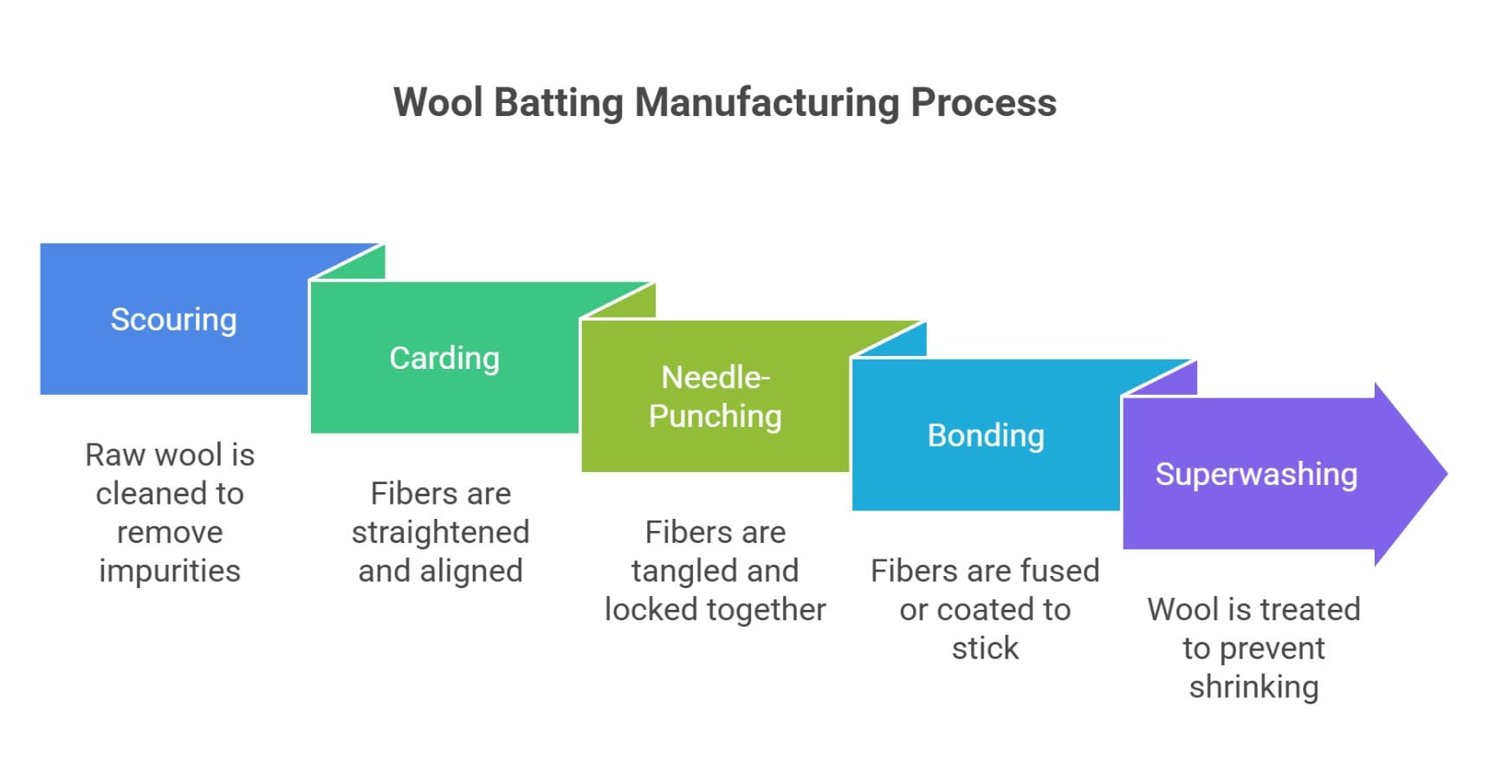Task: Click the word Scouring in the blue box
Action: [173, 320]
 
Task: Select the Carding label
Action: [444, 358]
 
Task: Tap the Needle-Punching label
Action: [715, 397]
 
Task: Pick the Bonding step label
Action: [986, 435]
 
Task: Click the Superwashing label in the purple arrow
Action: [1256, 474]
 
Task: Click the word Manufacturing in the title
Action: [767, 102]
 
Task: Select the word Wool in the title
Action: [437, 102]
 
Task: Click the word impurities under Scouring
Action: [170, 571]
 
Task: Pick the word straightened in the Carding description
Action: [440, 532]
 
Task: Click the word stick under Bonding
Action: [985, 648]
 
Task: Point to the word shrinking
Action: [1253, 687]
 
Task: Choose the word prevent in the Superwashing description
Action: [1271, 648]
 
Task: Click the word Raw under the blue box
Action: [114, 455]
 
